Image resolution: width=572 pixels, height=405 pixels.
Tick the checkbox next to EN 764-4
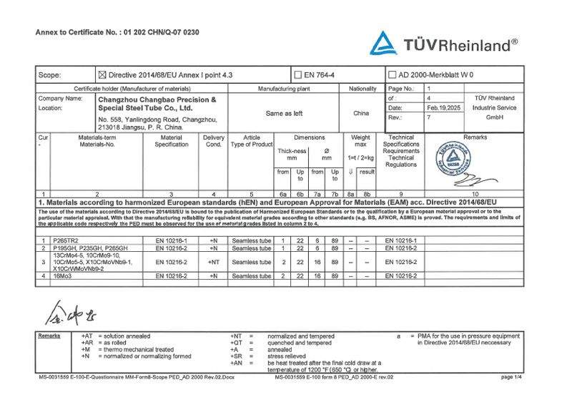297,74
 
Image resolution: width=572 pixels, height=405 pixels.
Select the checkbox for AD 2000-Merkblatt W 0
392,74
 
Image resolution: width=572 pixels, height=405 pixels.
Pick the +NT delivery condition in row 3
214,262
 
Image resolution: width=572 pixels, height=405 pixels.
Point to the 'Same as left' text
284,113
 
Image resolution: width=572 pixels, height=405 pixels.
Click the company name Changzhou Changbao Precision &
156,98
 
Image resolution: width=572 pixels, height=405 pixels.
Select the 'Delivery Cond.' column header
214,141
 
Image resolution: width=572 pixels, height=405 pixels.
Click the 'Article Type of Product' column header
251,141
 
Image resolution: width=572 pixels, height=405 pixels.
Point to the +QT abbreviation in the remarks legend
236,343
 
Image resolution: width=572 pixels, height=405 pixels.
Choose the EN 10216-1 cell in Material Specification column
172,240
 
